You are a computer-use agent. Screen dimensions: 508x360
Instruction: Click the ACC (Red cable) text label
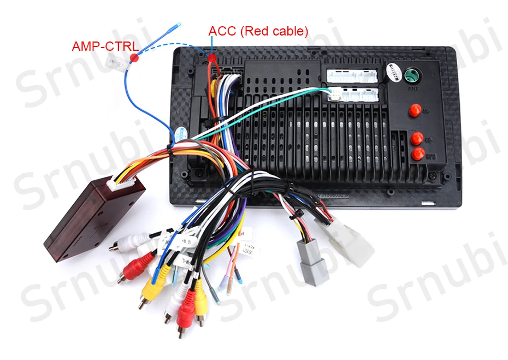coord(258,31)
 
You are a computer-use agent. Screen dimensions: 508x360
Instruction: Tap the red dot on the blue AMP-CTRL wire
coord(134,57)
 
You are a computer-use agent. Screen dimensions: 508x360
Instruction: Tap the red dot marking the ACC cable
coord(211,57)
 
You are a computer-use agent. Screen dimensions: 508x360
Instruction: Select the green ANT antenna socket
coord(411,73)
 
